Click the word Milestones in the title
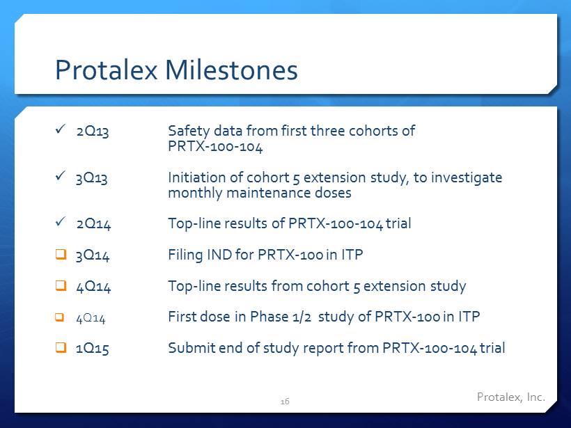coord(232,70)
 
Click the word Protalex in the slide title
coord(107,70)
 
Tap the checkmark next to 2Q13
coord(61,129)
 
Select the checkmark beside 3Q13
coord(61,175)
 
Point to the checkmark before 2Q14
coord(61,221)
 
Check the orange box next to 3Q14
coord(61,254)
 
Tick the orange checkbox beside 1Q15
coord(61,347)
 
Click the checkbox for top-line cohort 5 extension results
coord(61,285)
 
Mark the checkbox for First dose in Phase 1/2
coord(59,317)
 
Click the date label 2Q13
coord(93,132)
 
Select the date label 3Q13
coord(92,178)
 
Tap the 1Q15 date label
coord(93,349)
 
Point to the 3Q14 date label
coord(93,255)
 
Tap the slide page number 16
coord(285,402)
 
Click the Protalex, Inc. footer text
coord(511,397)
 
